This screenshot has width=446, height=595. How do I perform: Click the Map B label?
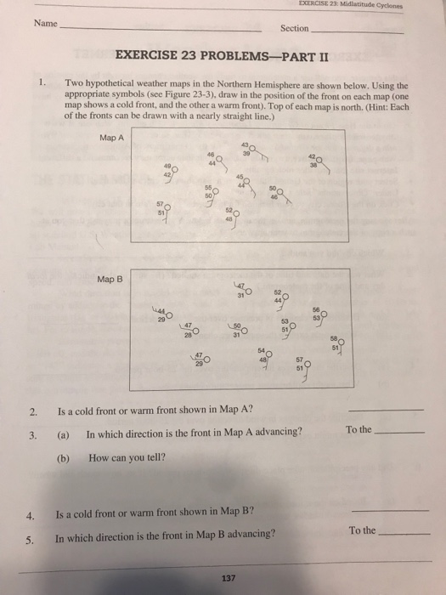click(110, 279)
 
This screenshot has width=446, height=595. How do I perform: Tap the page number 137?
click(226, 578)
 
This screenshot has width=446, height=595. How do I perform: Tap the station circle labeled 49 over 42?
click(174, 168)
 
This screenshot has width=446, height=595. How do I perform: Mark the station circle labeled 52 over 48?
click(236, 213)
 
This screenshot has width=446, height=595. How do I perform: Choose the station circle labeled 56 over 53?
click(325, 314)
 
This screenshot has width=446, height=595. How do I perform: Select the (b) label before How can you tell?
click(61, 456)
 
